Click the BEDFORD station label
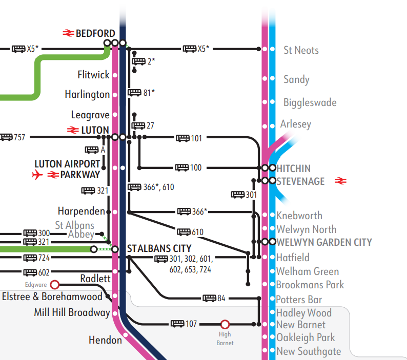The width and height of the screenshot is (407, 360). [x=95, y=34]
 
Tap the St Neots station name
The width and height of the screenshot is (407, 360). [x=301, y=50]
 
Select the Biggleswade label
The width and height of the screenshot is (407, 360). [x=310, y=102]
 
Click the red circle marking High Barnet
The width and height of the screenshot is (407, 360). [x=225, y=324]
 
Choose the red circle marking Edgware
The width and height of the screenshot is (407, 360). [x=55, y=284]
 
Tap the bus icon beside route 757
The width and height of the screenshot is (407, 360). [x=6, y=137]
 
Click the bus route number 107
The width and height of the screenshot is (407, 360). [x=191, y=324]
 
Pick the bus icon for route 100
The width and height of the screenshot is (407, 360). [x=182, y=167]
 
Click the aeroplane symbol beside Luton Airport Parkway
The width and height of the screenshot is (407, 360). [x=37, y=175]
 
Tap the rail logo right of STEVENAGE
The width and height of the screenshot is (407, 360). [x=341, y=181]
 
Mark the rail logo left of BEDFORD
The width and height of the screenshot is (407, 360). [x=69, y=34]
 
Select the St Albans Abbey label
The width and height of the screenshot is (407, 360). [x=75, y=229]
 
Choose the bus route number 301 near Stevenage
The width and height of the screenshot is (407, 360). [x=251, y=195]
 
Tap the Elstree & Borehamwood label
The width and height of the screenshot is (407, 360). [x=52, y=297]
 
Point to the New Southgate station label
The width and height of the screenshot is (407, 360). [x=309, y=351]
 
